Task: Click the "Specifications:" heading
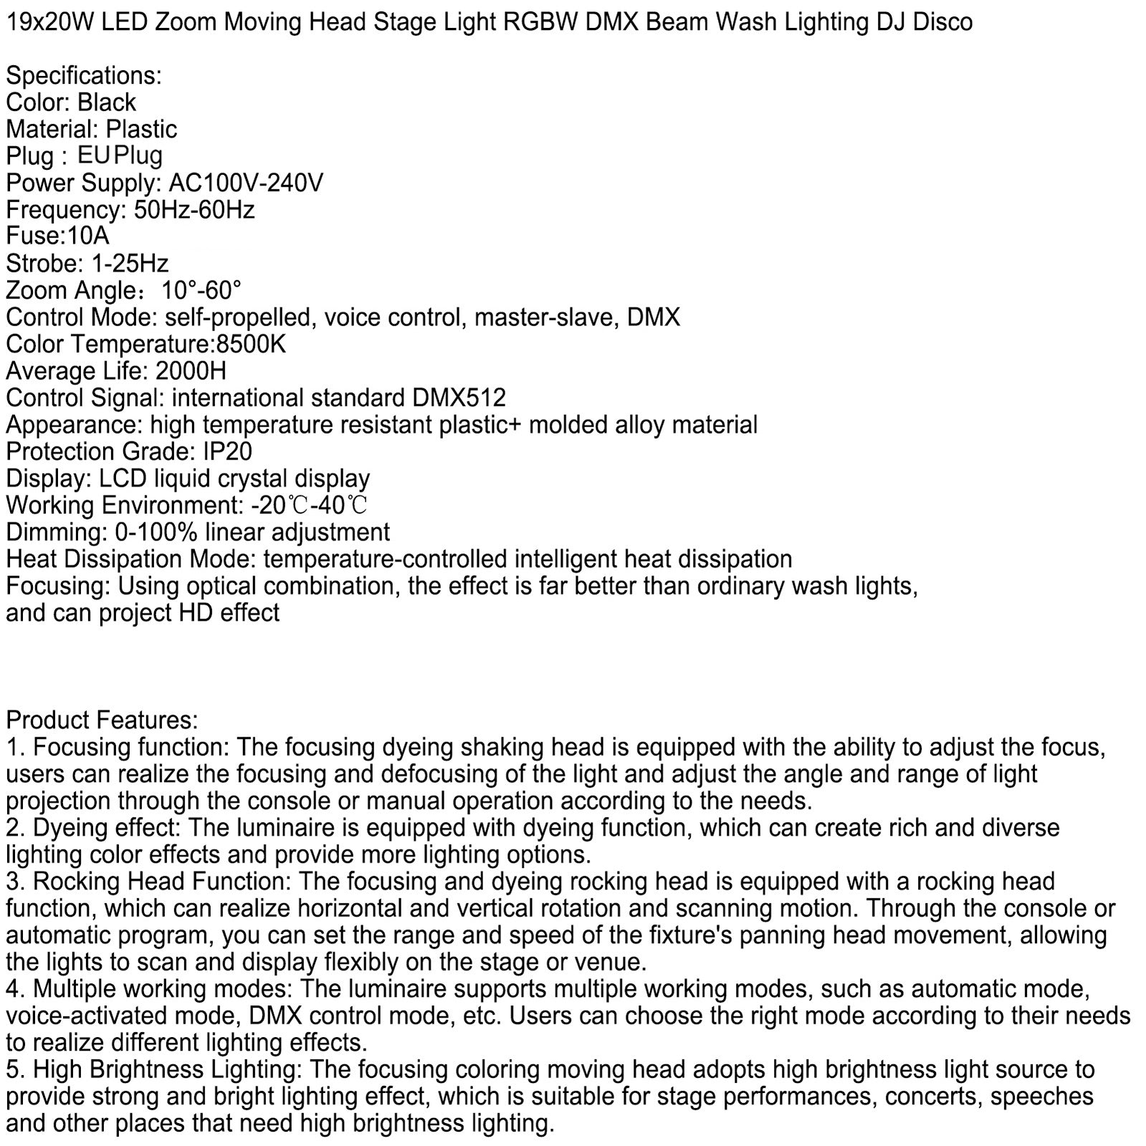84,76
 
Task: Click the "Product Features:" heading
102,720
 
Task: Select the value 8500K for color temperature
250,345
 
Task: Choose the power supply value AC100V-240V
246,183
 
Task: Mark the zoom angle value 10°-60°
201,291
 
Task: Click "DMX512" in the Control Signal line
459,398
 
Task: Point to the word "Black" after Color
107,102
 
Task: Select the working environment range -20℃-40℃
310,505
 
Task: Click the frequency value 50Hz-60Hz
194,210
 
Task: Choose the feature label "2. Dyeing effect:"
92,828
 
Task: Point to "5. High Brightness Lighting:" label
153,1070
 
